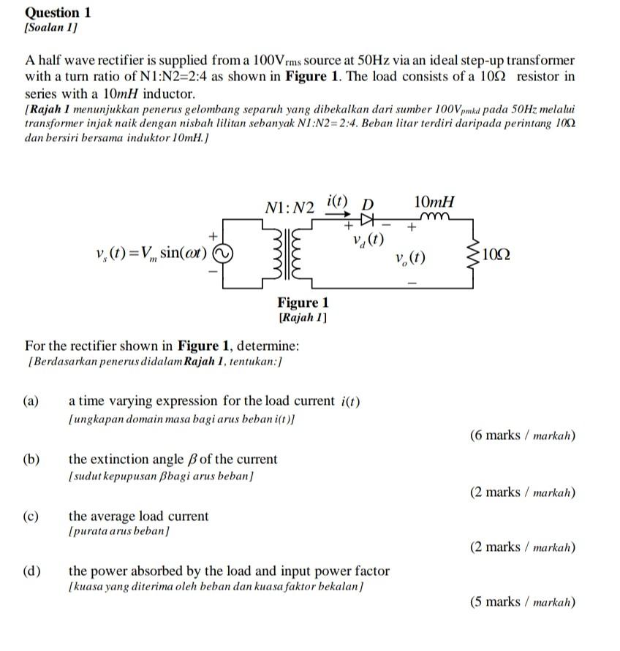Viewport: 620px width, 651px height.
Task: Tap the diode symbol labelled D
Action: [x=366, y=218]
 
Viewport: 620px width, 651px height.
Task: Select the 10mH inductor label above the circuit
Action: [x=435, y=202]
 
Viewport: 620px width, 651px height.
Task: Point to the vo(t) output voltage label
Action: [x=410, y=259]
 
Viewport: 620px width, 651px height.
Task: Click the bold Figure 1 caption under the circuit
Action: [x=303, y=302]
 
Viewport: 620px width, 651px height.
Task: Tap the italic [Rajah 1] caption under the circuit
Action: [x=303, y=318]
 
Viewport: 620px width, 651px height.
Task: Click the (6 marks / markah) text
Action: [x=523, y=435]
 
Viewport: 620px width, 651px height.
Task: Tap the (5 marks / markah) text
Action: [x=523, y=602]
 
